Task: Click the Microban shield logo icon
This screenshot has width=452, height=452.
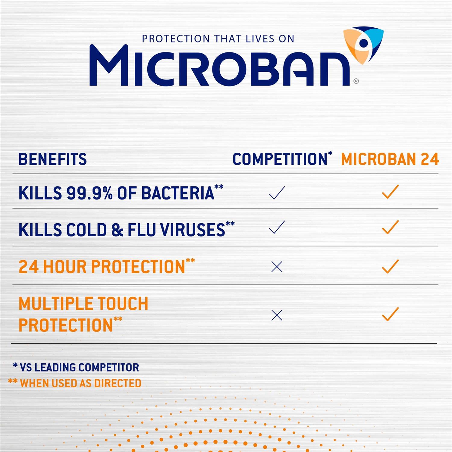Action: tap(363, 45)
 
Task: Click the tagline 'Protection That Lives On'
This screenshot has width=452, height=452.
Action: tap(218, 39)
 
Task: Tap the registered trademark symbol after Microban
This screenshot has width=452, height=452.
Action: tap(356, 81)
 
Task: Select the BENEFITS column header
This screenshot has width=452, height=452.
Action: tap(53, 159)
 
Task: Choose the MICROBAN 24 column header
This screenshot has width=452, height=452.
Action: tap(390, 159)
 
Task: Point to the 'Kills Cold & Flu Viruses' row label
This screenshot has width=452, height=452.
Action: tap(127, 229)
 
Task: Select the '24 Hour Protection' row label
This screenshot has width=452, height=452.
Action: tap(107, 266)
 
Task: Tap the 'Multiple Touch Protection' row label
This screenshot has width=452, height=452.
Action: tap(83, 314)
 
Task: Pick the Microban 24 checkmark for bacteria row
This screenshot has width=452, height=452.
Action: tap(390, 192)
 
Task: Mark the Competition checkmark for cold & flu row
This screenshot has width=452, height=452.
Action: tap(277, 227)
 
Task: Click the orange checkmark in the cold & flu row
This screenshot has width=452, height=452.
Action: tap(390, 227)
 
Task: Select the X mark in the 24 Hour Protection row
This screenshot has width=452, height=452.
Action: tap(277, 267)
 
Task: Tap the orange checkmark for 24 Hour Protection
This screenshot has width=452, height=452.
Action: tap(390, 266)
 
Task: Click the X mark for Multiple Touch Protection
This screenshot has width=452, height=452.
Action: tap(277, 315)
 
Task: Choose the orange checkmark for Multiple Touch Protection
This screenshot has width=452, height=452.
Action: tap(390, 314)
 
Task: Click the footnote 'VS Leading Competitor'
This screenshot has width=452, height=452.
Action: tap(76, 367)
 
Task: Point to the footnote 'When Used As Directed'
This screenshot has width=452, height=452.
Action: tap(75, 383)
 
